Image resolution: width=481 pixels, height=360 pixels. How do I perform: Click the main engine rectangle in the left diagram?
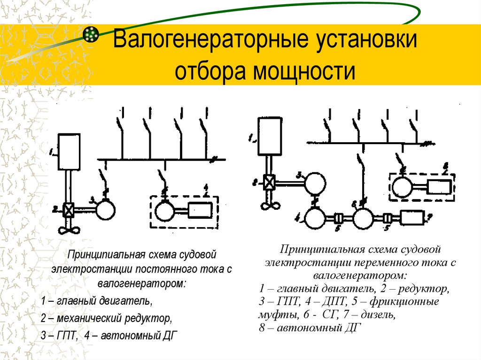tap(70, 152)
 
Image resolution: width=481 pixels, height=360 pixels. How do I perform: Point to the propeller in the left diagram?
tap(70, 230)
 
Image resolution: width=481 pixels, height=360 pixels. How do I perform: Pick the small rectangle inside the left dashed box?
tap(200, 210)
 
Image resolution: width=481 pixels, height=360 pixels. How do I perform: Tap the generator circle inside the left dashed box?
tap(164, 210)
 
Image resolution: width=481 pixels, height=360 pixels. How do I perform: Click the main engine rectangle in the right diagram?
tap(269, 137)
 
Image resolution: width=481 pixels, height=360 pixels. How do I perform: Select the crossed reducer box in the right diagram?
tap(269, 182)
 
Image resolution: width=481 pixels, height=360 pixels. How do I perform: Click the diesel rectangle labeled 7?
tap(412, 217)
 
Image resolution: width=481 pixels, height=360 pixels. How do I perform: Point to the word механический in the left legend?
tap(89, 319)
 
